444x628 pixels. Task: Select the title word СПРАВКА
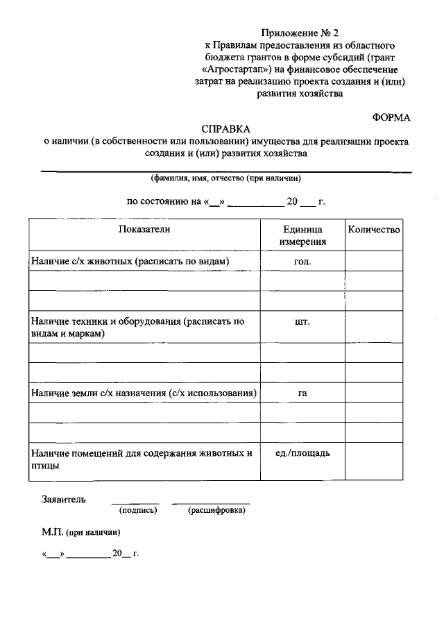[x=225, y=129]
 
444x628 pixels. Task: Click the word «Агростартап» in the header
[x=233, y=70]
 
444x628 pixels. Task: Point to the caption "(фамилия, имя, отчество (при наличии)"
[x=225, y=178]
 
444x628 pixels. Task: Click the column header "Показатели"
[x=144, y=230]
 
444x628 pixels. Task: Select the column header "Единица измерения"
[x=302, y=236]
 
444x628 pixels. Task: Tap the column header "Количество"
[x=374, y=230]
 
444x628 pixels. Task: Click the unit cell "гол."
[x=302, y=261]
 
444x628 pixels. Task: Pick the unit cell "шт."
[x=302, y=322]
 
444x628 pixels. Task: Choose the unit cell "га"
[x=302, y=393]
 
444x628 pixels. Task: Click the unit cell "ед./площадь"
[x=302, y=453]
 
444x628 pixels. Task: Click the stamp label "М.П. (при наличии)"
[x=80, y=533]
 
